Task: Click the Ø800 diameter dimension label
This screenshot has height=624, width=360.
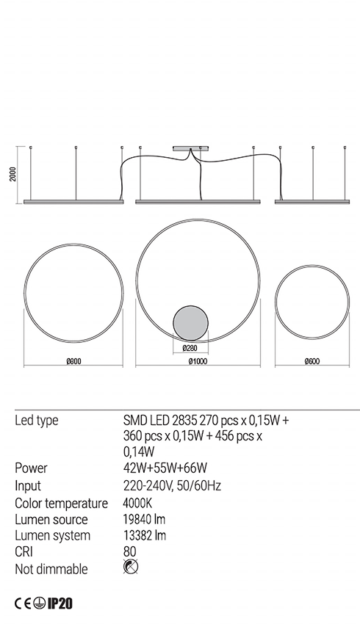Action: click(73, 361)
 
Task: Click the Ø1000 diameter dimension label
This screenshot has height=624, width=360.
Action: click(198, 361)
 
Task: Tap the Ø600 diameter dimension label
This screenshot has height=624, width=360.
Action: click(312, 361)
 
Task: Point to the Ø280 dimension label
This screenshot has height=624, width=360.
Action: click(190, 348)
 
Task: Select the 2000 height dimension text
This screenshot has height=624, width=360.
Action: click(13, 174)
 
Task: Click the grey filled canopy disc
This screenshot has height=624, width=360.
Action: click(190, 323)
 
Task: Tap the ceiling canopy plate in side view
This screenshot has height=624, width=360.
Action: click(191, 149)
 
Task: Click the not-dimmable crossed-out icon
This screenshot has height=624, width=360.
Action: click(131, 567)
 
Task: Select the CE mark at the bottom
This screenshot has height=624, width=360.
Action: click(23, 603)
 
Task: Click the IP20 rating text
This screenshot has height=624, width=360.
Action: click(60, 603)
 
